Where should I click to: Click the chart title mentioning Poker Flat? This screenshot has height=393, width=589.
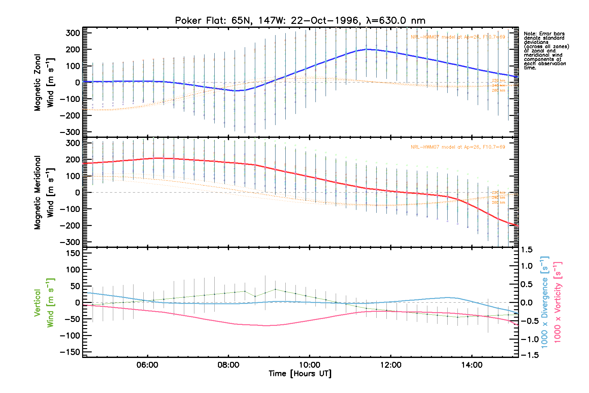point(300,21)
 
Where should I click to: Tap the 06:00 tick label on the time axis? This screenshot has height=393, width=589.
point(147,365)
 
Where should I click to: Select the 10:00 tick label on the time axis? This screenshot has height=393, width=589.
point(310,365)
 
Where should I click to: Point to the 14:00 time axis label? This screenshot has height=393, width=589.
point(472,365)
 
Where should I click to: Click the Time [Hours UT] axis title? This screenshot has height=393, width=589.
point(300,374)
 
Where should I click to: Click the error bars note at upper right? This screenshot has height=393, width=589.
point(546,51)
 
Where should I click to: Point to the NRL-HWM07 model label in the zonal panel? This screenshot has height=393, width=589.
point(458,37)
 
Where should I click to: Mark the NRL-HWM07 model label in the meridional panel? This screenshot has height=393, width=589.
point(458,147)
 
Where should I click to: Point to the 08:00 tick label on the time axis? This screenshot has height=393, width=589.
point(228,365)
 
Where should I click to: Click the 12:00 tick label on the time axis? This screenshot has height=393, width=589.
point(391,365)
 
